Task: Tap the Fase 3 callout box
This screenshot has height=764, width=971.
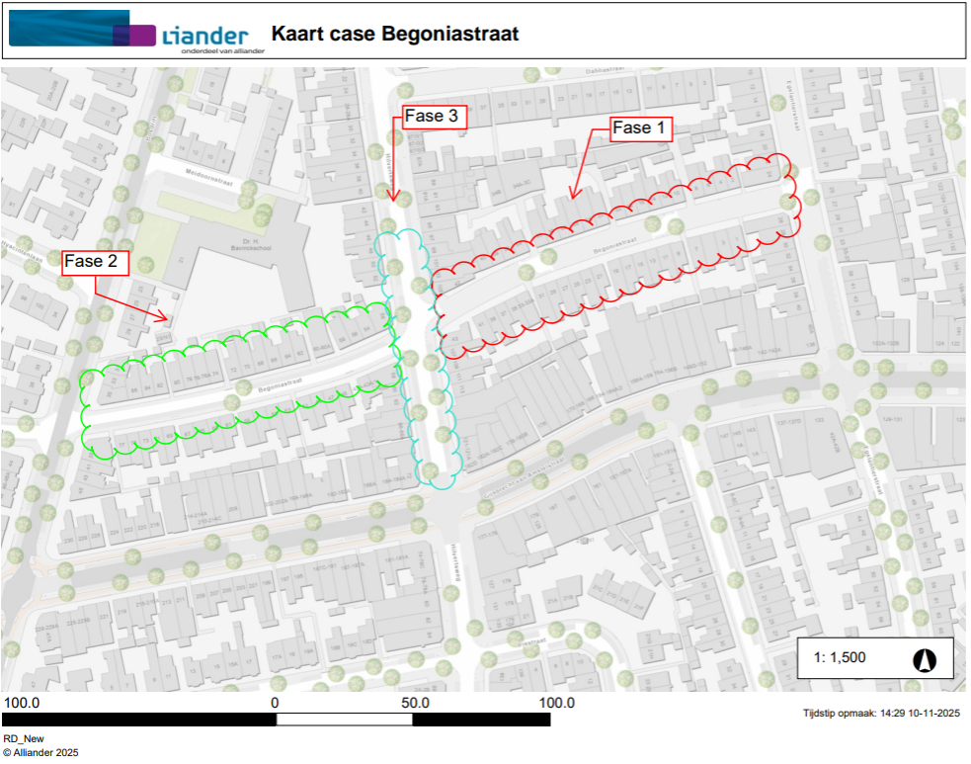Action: tap(431, 117)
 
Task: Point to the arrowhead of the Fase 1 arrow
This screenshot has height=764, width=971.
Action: tap(571, 197)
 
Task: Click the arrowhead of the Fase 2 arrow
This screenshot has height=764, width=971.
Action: tap(166, 318)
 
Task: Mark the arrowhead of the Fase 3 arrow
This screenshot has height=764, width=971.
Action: tap(392, 200)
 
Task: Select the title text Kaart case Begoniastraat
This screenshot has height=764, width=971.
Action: tap(395, 35)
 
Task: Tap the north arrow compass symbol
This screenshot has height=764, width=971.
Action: tap(928, 658)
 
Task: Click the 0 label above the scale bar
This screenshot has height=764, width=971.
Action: tap(276, 703)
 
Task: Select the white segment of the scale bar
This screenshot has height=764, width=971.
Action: tap(344, 720)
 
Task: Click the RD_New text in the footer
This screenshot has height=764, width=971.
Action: tap(24, 738)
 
